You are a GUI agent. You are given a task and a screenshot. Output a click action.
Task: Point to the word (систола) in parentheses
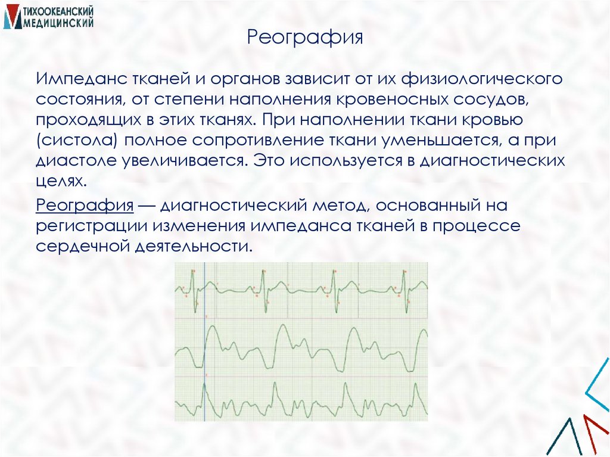pos(71,141)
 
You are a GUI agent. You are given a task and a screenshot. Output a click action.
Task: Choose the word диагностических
pos(492,161)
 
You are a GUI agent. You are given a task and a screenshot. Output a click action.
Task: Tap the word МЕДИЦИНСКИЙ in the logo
pos(58,23)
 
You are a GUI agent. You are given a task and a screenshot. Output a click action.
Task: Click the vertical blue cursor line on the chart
pos(204,342)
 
